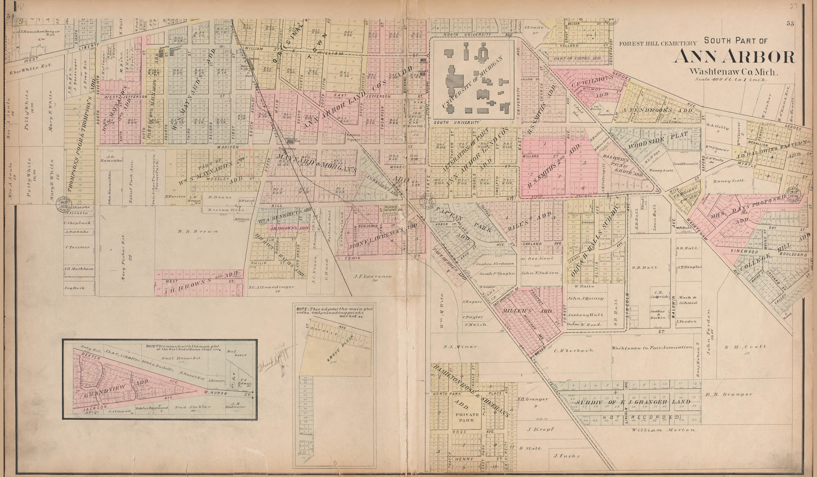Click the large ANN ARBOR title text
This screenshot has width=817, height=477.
(x=734, y=57)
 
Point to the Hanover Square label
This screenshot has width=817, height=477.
(x=353, y=137)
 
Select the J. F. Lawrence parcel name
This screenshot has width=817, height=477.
(x=373, y=277)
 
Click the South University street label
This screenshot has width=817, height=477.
(x=456, y=123)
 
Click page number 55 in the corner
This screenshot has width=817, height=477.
(x=790, y=23)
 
